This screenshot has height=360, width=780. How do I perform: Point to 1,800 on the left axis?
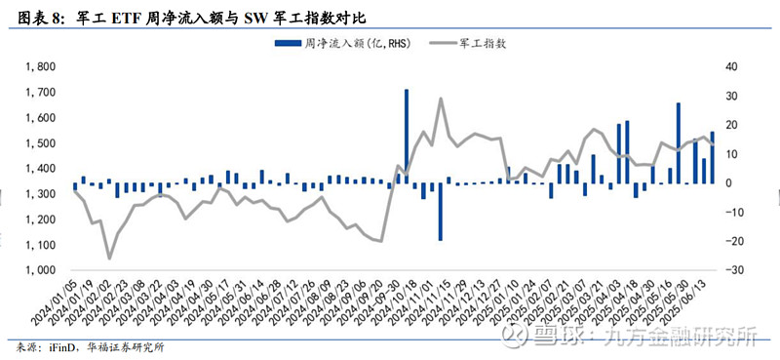(x=42, y=66)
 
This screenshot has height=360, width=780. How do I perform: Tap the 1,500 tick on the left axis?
(x=42, y=143)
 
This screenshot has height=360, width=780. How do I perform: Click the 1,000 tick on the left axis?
(x=42, y=270)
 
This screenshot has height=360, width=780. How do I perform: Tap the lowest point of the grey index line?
(x=109, y=259)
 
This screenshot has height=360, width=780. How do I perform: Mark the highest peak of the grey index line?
(x=441, y=99)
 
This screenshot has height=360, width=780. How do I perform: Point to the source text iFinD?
(x=55, y=346)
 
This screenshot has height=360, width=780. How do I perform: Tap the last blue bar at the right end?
(x=713, y=157)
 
